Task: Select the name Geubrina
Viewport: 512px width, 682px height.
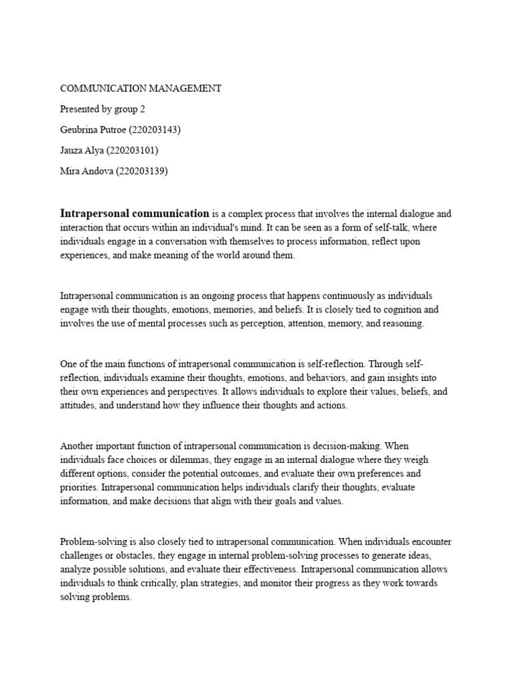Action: pyautogui.click(x=79, y=130)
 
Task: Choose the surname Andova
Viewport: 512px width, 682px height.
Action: pyautogui.click(x=97, y=171)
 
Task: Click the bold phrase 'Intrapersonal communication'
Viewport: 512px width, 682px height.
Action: pyautogui.click(x=135, y=214)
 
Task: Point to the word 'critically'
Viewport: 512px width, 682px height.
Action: pyautogui.click(x=169, y=583)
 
